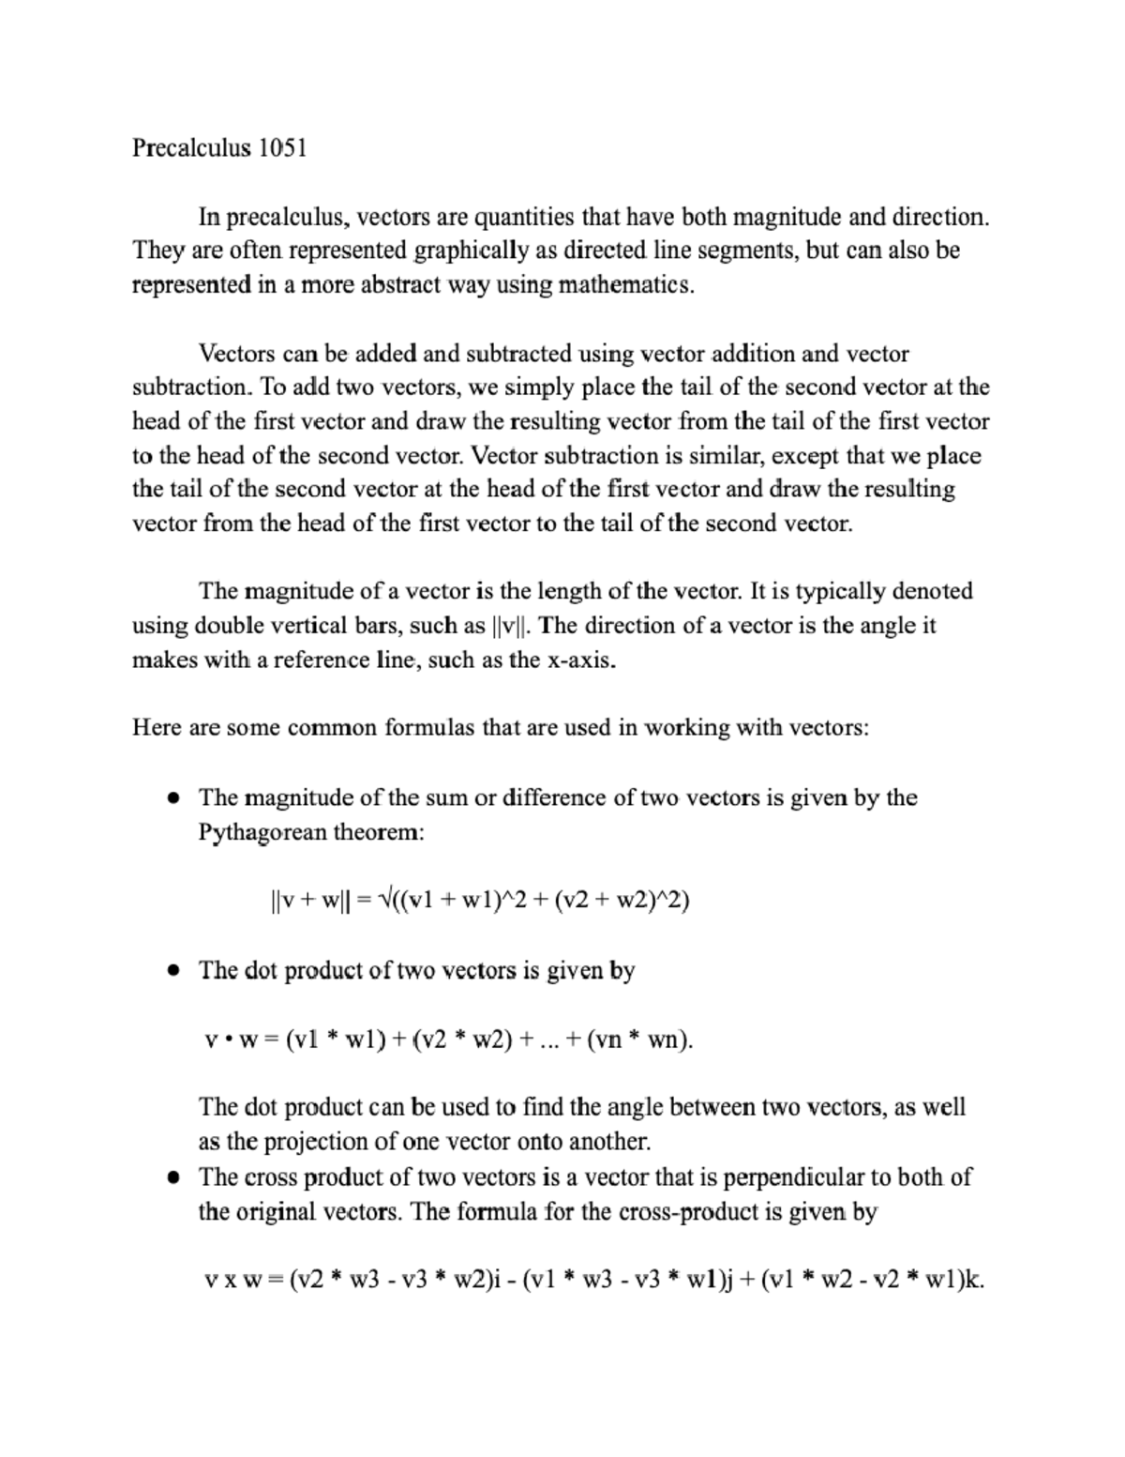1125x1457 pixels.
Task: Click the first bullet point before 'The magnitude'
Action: (172, 798)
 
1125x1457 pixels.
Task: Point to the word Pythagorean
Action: (262, 832)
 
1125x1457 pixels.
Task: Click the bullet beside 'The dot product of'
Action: (172, 971)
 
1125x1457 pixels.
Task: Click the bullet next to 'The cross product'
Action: (172, 1178)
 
